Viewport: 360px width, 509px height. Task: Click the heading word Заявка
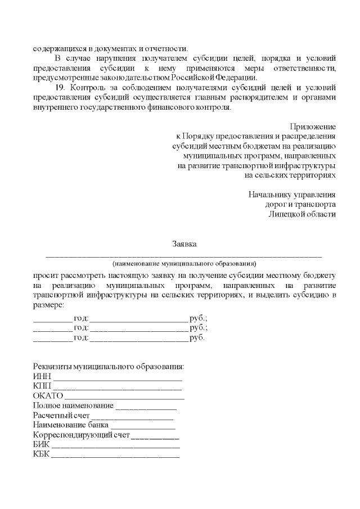(x=184, y=244)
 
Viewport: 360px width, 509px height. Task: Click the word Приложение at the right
(x=313, y=127)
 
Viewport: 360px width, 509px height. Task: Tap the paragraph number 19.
(x=60, y=88)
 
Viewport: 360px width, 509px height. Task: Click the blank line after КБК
(x=116, y=456)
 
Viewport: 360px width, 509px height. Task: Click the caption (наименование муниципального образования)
(x=184, y=263)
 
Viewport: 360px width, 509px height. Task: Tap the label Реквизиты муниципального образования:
(x=109, y=367)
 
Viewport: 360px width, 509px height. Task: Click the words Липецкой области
(x=302, y=214)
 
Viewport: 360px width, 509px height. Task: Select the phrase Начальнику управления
(x=292, y=195)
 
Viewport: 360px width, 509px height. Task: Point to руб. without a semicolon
(x=197, y=338)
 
